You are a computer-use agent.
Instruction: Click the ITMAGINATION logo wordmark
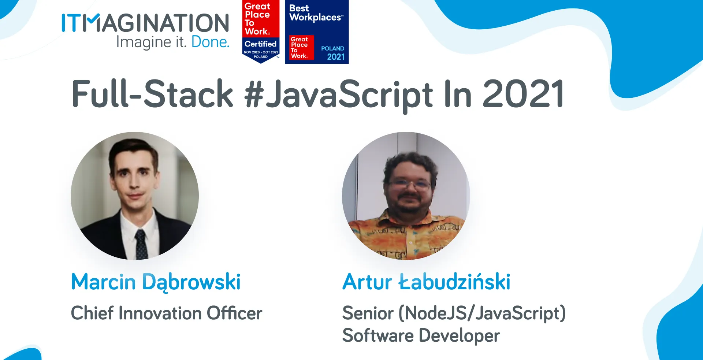145,23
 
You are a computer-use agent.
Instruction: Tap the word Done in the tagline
210,42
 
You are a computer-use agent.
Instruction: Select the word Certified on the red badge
260,44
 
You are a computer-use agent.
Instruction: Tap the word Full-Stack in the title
152,94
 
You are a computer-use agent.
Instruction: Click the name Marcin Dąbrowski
156,282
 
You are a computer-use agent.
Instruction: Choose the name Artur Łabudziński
426,282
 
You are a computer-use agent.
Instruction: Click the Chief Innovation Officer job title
166,313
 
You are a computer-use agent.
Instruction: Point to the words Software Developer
421,335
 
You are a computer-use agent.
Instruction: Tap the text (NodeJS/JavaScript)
482,313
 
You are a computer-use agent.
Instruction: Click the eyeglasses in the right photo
409,184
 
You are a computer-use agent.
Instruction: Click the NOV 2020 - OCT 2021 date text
261,52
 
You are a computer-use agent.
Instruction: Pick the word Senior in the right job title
368,313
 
